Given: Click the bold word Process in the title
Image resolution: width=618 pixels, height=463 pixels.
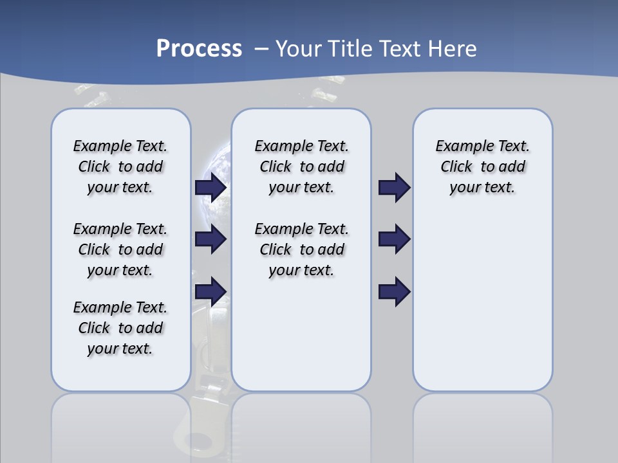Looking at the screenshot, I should (199, 49).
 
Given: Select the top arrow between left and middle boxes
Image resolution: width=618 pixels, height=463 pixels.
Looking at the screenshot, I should (211, 187).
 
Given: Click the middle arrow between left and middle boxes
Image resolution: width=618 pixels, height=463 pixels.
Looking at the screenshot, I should (211, 239).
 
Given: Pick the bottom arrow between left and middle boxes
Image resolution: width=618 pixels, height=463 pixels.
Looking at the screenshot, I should (211, 291).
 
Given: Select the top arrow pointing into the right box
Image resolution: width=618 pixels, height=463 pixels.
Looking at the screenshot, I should (394, 187).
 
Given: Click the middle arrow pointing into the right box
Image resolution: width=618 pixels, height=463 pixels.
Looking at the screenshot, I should (394, 239).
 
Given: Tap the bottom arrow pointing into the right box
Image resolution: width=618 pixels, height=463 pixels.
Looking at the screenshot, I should (394, 291).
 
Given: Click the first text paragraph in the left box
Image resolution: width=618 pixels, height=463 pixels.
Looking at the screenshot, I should (120, 167).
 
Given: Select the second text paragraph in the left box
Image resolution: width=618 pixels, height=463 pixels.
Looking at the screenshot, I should (120, 250).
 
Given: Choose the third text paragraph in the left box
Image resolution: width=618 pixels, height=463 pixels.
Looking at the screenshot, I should (120, 328).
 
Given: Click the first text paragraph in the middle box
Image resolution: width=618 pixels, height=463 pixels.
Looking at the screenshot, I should (301, 167).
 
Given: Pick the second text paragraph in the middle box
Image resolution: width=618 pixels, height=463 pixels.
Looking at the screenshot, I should (301, 250).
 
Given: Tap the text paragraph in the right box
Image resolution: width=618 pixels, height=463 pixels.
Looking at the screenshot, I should (482, 167).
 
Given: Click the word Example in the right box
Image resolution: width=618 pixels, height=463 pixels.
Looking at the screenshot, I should (460, 147).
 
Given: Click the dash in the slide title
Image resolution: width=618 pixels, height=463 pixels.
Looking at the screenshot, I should (261, 49).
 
